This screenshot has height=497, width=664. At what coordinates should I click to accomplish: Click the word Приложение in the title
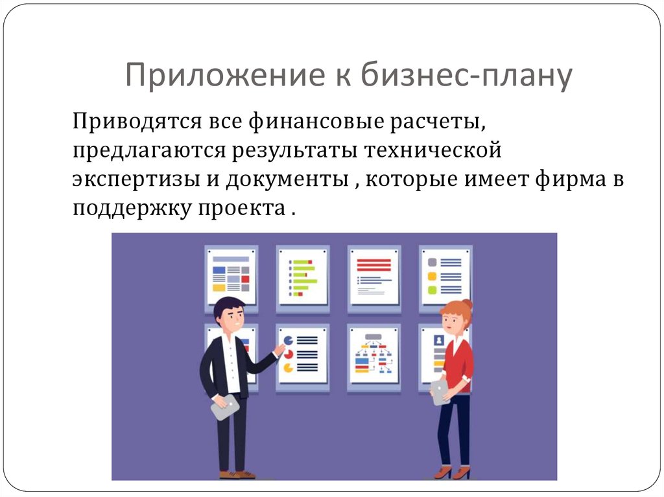point(225,75)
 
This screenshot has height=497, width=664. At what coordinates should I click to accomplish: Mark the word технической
point(433,151)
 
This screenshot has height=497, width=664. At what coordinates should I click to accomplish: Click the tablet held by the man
point(225,406)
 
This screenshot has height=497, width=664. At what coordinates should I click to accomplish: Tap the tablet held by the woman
point(440,391)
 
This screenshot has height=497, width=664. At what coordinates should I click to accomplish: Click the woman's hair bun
point(467,304)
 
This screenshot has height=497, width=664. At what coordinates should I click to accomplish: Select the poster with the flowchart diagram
point(373,356)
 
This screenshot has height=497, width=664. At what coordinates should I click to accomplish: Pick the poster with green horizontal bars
point(303,277)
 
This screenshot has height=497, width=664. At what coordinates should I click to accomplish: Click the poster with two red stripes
point(374,277)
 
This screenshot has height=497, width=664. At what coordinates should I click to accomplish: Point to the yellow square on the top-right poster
point(432,277)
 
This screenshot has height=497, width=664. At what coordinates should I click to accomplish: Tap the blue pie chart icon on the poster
point(288,340)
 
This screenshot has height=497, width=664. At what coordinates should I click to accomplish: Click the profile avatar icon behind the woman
point(439,340)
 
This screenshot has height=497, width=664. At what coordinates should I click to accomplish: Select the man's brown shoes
point(237,474)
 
